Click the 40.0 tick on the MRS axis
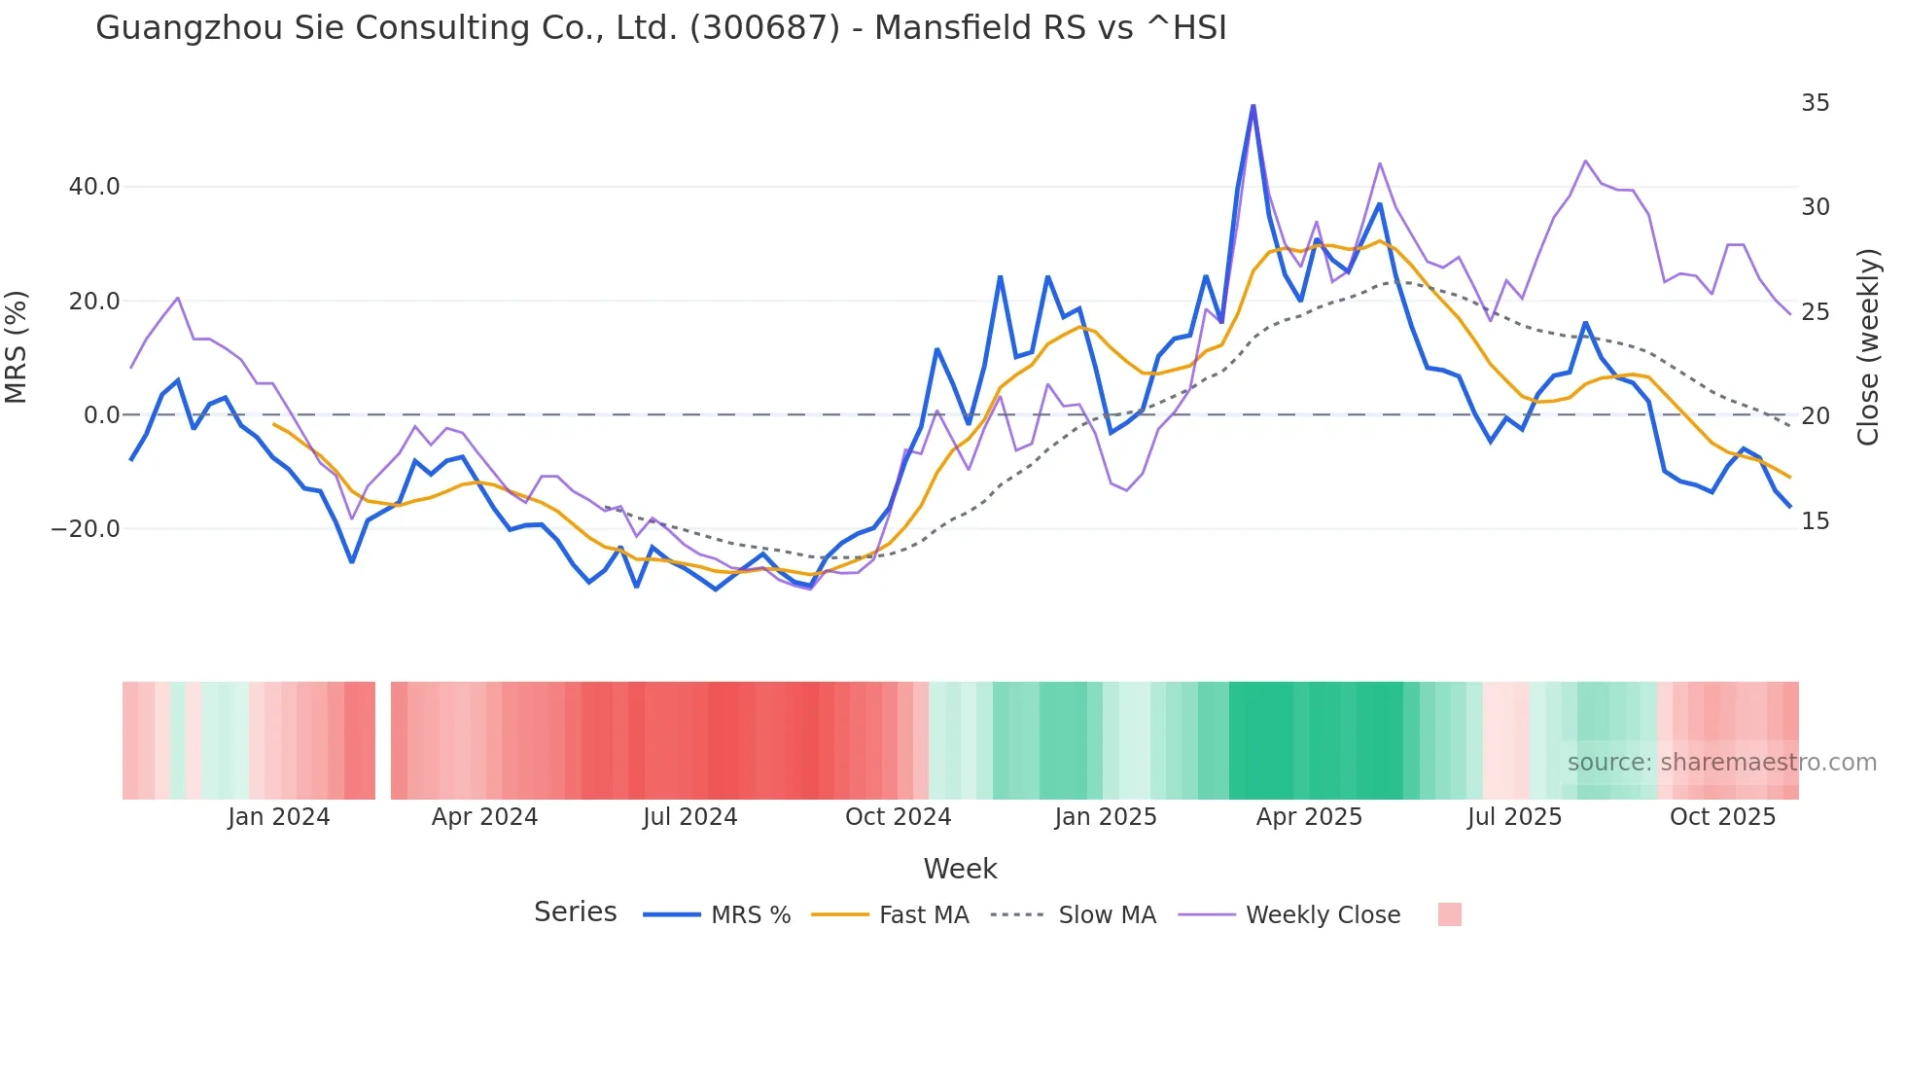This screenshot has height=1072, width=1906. pyautogui.click(x=94, y=187)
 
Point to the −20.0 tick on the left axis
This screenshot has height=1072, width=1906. pyautogui.click(x=86, y=529)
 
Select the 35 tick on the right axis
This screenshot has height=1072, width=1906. pyautogui.click(x=1815, y=103)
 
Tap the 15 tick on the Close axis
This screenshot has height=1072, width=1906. pyautogui.click(x=1815, y=521)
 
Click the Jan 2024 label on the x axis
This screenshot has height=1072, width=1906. pyautogui.click(x=279, y=817)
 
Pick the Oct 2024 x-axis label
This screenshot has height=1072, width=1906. pyautogui.click(x=898, y=817)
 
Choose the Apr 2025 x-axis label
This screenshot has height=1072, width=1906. pyautogui.click(x=1309, y=817)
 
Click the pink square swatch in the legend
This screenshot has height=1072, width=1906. pyautogui.click(x=1449, y=914)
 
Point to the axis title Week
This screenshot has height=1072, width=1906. pyautogui.click(x=960, y=869)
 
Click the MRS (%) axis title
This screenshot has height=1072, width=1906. pyautogui.click(x=17, y=347)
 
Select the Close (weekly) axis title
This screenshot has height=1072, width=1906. pyautogui.click(x=1868, y=347)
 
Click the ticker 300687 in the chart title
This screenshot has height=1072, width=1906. pyautogui.click(x=764, y=28)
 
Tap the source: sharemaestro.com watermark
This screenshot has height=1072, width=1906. pyautogui.click(x=1721, y=763)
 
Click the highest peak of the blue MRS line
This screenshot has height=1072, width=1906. pyautogui.click(x=1253, y=106)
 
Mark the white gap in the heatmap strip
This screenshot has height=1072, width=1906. pyautogui.click(x=383, y=740)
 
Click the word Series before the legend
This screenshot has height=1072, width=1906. pyautogui.click(x=575, y=912)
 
